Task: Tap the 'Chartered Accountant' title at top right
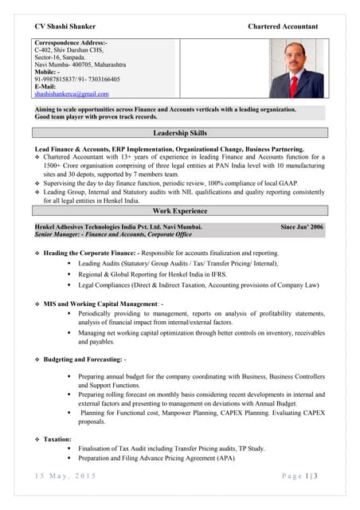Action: coord(283,26)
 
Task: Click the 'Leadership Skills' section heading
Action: coord(179,134)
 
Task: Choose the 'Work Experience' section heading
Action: coord(179,211)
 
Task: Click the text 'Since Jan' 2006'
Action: coord(302,227)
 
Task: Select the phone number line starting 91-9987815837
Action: coord(77,79)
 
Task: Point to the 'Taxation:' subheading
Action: coord(57,439)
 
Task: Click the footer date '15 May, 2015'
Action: coord(66,476)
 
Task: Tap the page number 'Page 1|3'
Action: coord(299,476)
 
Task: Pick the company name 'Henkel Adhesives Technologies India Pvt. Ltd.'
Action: coord(118,227)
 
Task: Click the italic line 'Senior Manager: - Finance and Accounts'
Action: coord(113,235)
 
